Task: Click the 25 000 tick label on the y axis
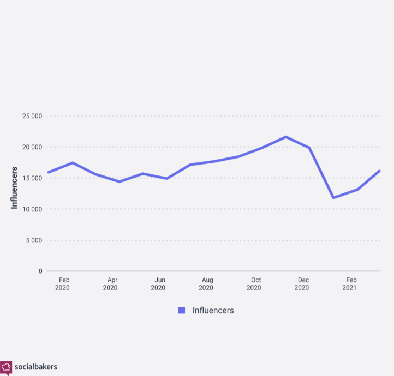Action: [x=32, y=116]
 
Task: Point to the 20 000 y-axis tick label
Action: [x=32, y=147]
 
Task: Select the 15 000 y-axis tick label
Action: [x=32, y=178]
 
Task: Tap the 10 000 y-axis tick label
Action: [x=32, y=209]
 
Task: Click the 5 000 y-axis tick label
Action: [x=33, y=240]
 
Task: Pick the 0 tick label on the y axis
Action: [x=40, y=271]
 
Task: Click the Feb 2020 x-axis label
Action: [x=63, y=283]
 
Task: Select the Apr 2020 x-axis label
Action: [x=111, y=283]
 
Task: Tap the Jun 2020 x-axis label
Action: [x=158, y=283]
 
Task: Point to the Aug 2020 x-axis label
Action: [x=206, y=283]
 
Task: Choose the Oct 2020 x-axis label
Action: [x=254, y=283]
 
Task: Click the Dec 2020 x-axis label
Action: [x=302, y=283]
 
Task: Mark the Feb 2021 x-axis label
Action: [x=350, y=283]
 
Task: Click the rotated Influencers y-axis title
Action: [x=15, y=188]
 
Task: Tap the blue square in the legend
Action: [x=182, y=310]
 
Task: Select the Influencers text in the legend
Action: [x=213, y=310]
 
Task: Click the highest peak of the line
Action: [x=285, y=137]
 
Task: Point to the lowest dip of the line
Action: [x=333, y=197]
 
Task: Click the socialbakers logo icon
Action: [x=6, y=367]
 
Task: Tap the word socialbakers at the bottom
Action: [x=36, y=367]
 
